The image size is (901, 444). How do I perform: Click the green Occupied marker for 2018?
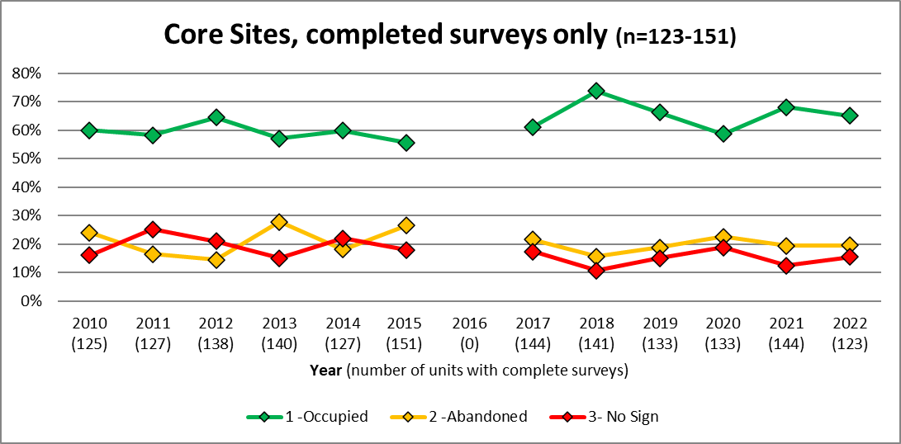[x=596, y=91]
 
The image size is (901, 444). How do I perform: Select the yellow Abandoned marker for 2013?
[x=279, y=222]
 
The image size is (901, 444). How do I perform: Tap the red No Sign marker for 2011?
[x=153, y=229]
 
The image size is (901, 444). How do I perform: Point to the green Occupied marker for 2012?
[x=216, y=117]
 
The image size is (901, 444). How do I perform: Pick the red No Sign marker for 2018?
[x=596, y=270]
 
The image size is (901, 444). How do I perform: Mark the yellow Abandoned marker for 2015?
[x=406, y=225]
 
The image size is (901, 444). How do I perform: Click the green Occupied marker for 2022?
[x=849, y=116]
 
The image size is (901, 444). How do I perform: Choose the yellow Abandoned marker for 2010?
[x=89, y=233]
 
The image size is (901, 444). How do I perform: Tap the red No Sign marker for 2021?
[x=786, y=266]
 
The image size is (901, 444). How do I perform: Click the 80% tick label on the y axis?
[x=27, y=73]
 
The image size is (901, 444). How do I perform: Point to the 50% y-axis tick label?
[x=27, y=158]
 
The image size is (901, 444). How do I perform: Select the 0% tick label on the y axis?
[x=31, y=301]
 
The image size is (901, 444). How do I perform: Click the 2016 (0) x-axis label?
[x=469, y=333]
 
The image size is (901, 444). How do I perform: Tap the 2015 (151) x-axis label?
[x=406, y=333]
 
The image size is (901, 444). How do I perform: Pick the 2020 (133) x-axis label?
[x=723, y=333]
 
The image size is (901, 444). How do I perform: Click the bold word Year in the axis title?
[x=326, y=371]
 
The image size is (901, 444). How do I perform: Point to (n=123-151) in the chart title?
[x=676, y=36]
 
